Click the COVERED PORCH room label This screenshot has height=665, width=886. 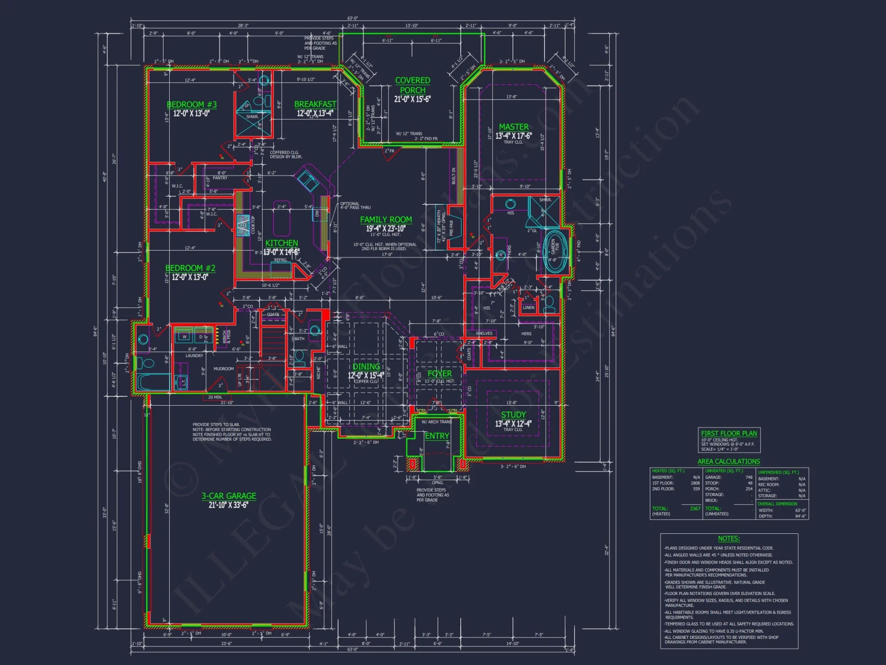tap(412, 85)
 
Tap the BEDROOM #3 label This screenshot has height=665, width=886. tap(191, 105)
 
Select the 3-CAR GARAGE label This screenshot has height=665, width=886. tap(229, 496)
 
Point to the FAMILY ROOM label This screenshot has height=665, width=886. tap(385, 219)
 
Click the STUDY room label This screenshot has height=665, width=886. tap(513, 415)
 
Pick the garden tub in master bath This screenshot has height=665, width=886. tap(556, 250)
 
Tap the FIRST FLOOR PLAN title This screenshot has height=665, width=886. tap(729, 433)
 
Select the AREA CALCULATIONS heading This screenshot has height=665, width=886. tap(728, 462)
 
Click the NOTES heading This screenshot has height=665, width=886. tap(729, 539)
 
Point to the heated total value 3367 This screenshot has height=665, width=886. tap(695, 509)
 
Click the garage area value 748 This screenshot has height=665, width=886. tap(749, 477)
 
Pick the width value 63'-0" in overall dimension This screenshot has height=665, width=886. tap(800, 510)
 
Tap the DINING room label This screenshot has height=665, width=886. tap(366, 367)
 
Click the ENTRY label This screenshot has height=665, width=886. tap(437, 436)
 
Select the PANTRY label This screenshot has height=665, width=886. tap(220, 178)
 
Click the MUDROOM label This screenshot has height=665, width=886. tap(223, 369)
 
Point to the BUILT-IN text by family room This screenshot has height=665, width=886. tap(454, 176)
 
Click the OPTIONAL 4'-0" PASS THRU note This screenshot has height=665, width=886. tap(355, 206)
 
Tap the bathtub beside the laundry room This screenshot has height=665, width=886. tap(153, 382)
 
